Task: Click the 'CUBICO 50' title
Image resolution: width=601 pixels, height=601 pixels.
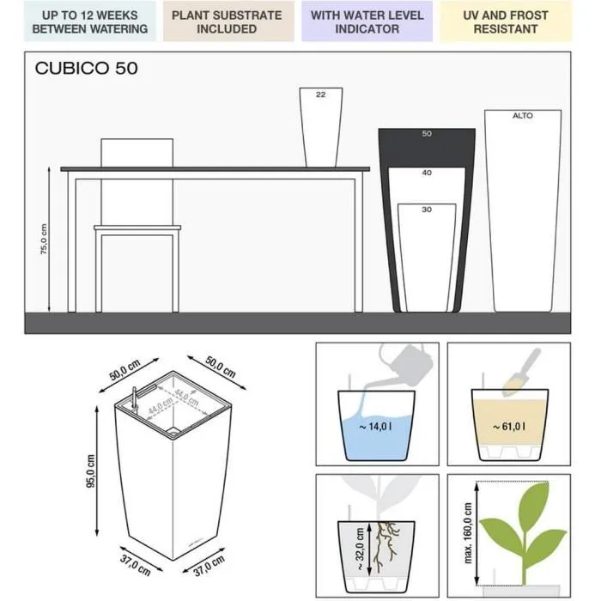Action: pos(86,69)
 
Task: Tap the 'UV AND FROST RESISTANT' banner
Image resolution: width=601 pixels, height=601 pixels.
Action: pos(505,21)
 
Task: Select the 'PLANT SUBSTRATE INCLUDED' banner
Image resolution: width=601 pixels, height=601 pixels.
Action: pos(227,21)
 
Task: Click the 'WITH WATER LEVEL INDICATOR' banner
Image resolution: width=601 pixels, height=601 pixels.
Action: pos(367,21)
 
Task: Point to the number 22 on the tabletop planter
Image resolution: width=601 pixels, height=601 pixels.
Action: pos(320,95)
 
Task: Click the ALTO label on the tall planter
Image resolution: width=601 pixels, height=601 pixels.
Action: pos(522,115)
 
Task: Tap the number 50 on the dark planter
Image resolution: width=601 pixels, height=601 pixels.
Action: pos(427,134)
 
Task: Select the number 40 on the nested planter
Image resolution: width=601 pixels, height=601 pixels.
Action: pos(427,173)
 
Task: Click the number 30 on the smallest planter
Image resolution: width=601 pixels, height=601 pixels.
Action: pos(427,209)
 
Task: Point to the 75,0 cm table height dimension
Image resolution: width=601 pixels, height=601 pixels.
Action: pos(44,240)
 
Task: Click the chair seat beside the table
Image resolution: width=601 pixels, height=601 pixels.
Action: pos(137,228)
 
